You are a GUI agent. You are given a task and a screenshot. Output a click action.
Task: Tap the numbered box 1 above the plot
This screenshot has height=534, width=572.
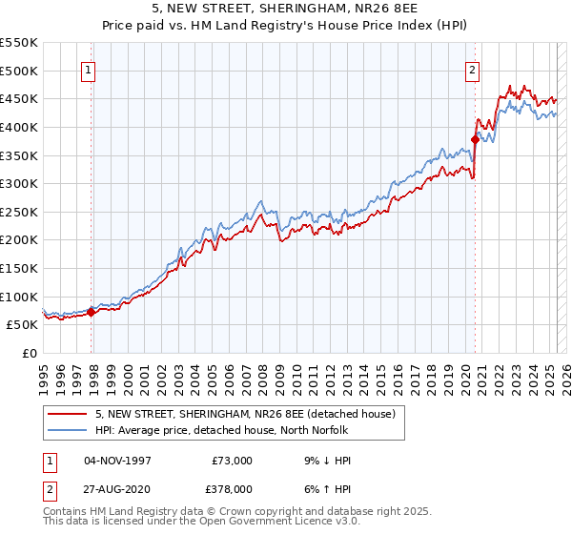click(88, 69)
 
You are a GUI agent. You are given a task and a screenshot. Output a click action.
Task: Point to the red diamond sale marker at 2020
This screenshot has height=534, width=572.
click(475, 139)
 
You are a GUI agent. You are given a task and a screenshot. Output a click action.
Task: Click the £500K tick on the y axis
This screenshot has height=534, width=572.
click(19, 71)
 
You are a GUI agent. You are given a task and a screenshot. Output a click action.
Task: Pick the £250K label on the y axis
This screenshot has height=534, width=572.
click(19, 212)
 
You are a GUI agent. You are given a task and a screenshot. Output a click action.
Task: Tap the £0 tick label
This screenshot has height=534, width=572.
click(31, 353)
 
